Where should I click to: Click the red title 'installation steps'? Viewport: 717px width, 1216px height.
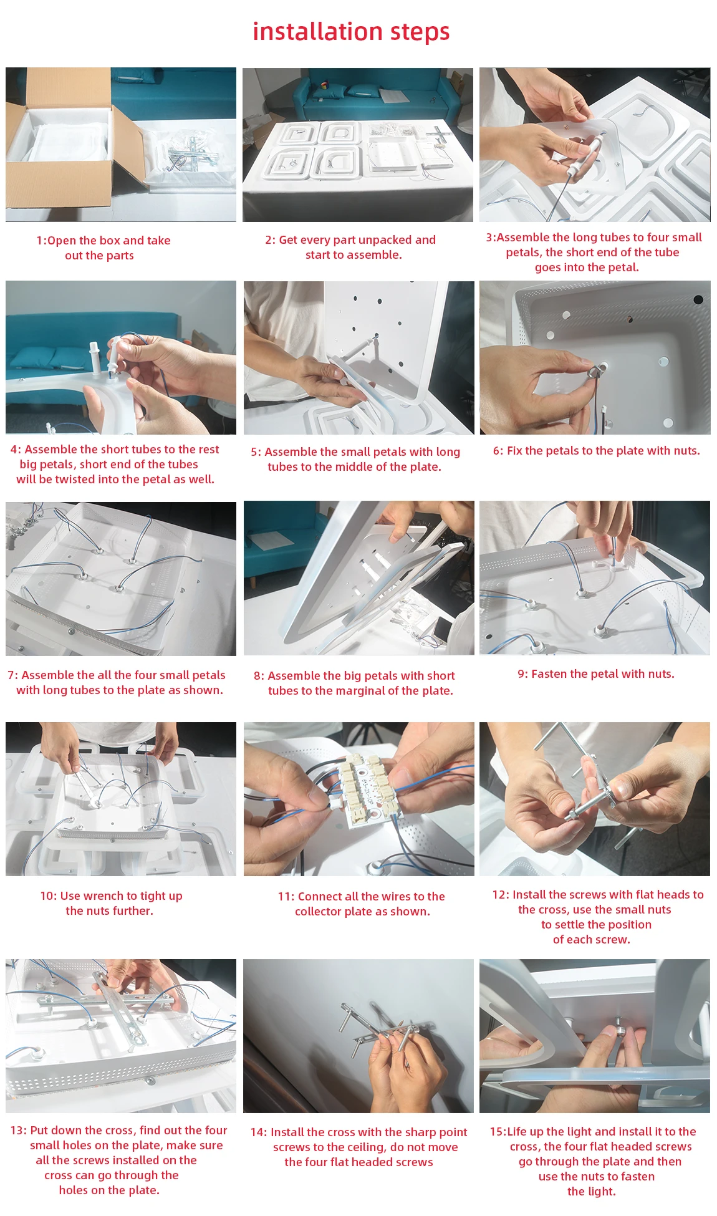pos(351,32)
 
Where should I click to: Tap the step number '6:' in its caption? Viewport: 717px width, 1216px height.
pos(498,451)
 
